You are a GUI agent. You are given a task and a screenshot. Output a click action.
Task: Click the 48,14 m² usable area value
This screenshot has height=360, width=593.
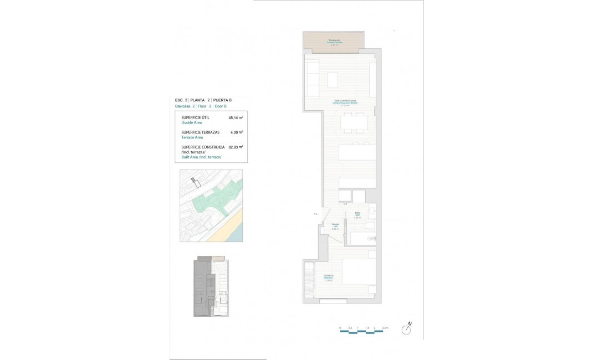click(x=236, y=118)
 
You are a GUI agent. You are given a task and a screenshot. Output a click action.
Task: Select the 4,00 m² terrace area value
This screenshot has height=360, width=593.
click(x=237, y=132)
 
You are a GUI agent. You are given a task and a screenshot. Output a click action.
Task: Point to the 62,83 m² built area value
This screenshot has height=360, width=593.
click(x=236, y=147)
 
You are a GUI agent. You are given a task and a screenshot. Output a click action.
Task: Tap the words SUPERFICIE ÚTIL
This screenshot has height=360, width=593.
click(x=195, y=118)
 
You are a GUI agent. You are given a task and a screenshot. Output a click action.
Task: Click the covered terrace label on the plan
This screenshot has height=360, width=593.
click(x=334, y=42)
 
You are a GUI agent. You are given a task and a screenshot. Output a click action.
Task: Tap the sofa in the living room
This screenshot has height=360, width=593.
click(x=312, y=78)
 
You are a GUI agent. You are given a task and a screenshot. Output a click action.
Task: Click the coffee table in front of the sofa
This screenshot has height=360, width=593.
click(x=333, y=80)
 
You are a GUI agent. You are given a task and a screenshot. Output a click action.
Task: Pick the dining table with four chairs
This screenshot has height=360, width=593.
click(x=354, y=122)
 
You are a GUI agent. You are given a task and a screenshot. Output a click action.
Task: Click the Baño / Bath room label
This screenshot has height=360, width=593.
click(x=358, y=215)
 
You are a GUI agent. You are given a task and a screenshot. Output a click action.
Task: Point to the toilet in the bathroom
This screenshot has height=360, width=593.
click(x=370, y=227)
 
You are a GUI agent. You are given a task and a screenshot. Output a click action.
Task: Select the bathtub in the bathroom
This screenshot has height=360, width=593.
click(x=362, y=239)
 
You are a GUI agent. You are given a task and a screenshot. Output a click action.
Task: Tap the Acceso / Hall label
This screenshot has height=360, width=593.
click(x=335, y=226)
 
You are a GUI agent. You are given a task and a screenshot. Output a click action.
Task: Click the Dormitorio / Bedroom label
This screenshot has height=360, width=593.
click(x=328, y=279)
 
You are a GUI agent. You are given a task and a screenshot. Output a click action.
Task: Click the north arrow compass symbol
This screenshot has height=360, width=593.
click(x=408, y=330)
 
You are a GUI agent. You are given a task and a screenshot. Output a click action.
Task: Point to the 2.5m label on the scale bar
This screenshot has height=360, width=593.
click(x=385, y=328)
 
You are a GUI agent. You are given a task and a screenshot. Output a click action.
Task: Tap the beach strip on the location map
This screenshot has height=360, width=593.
click(x=233, y=227)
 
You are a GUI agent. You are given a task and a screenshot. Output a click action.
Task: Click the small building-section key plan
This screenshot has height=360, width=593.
click(x=211, y=286)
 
